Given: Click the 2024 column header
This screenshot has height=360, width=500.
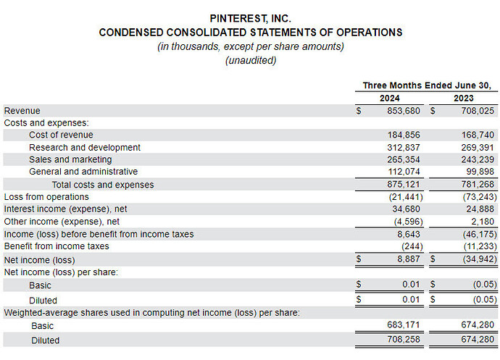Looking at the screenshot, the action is click(389, 99).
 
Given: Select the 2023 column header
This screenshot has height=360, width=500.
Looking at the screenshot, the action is click(464, 99).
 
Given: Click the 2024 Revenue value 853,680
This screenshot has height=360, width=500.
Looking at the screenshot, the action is click(404, 111).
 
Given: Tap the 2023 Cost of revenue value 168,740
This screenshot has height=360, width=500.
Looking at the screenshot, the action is click(478, 135).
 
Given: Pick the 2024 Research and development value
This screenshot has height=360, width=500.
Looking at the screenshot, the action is click(404, 147).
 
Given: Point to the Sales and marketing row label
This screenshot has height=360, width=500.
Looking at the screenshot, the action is click(70, 159).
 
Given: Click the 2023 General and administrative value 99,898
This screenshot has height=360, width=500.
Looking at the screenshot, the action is click(480, 172).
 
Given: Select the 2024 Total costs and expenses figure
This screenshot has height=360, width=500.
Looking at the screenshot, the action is click(404, 184).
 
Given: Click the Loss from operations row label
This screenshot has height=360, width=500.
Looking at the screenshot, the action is click(46, 197).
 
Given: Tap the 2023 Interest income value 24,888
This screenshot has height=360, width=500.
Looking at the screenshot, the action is click(480, 209).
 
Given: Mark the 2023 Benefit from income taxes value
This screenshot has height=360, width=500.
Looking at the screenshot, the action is click(480, 246).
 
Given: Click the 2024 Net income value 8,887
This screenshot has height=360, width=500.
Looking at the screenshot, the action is click(409, 259).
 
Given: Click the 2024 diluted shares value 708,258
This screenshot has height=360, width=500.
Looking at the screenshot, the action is click(404, 339).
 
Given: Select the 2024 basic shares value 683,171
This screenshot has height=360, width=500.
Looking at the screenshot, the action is click(404, 325).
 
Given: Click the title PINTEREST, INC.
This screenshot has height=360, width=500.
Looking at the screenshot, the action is click(250, 19).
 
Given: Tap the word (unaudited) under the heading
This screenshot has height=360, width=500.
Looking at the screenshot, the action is click(251, 60).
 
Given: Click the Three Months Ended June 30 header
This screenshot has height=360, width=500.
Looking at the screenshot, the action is click(427, 85).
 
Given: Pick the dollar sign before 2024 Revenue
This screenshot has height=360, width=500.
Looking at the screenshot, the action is click(359, 111).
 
